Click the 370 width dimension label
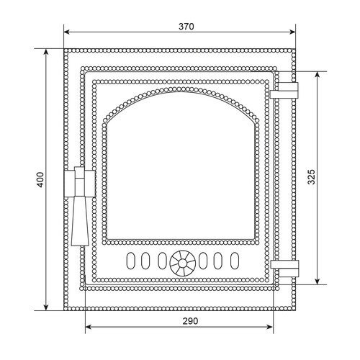point(186,27)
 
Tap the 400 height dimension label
point(40,180)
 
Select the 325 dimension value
point(311,177)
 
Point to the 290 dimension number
point(190,321)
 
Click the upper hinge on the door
point(284,91)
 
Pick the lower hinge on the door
point(284,268)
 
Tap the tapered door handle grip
point(80,221)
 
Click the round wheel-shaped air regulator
point(182,263)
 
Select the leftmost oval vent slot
point(130,261)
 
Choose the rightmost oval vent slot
point(235,261)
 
